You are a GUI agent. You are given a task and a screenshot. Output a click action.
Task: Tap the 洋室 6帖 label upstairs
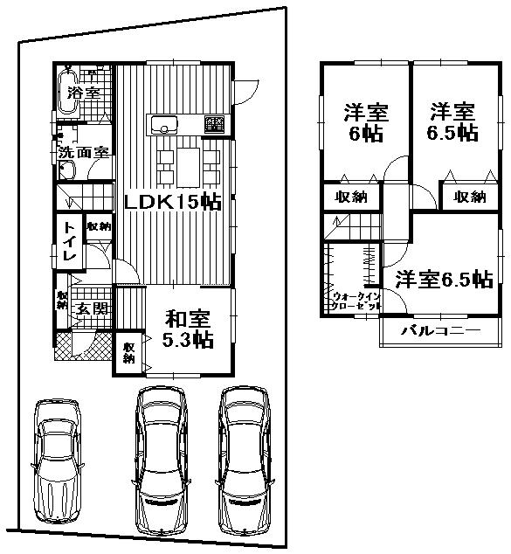pos(364,123)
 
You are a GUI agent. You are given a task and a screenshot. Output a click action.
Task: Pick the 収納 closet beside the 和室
pos(128,352)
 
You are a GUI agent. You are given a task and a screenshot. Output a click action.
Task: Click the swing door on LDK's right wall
pos(245,87)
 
